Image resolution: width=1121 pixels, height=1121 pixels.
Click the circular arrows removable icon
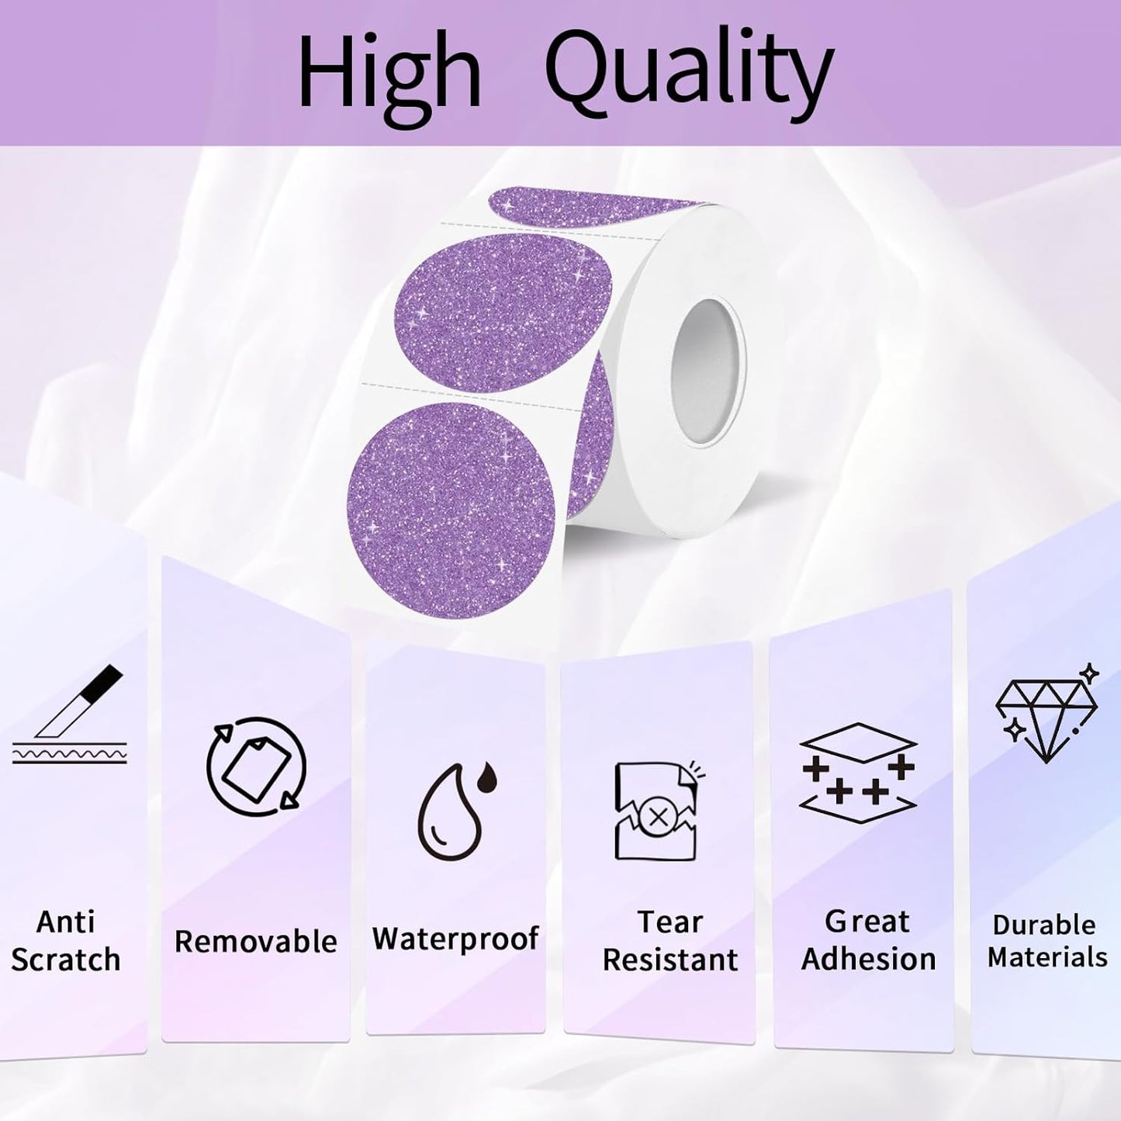256,766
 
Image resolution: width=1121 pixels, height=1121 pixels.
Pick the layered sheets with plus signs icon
858,773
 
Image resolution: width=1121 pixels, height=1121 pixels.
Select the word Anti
66,922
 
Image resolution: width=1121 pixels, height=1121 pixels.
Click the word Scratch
66,960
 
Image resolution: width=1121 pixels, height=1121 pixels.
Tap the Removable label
256,941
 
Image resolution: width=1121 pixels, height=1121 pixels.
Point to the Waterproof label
455,939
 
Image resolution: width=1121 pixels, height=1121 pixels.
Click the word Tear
669,922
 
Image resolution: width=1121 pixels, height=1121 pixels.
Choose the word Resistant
670,960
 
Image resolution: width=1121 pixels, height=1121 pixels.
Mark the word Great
867,921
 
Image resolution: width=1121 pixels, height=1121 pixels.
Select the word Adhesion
868,960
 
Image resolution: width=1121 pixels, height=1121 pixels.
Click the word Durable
1044,925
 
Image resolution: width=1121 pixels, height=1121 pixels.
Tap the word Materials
1047,957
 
